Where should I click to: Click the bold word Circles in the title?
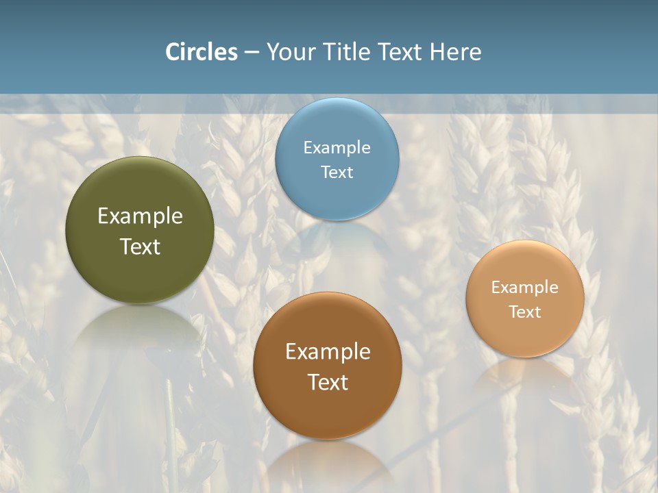click(x=201, y=52)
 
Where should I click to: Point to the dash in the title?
click(x=252, y=53)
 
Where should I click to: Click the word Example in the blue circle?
click(x=337, y=147)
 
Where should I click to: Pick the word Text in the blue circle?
click(x=337, y=172)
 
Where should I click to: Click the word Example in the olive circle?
click(x=140, y=216)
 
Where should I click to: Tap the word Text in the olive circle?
click(x=140, y=246)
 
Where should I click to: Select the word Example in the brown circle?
click(x=328, y=351)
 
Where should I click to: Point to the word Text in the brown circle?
click(x=328, y=382)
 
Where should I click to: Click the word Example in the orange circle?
click(x=525, y=287)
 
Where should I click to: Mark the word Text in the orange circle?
click(x=525, y=312)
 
